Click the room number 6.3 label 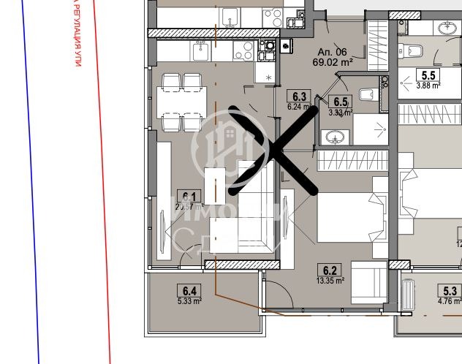(x=297, y=95)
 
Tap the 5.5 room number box (x=428, y=75)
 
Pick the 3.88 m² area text (x=428, y=85)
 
